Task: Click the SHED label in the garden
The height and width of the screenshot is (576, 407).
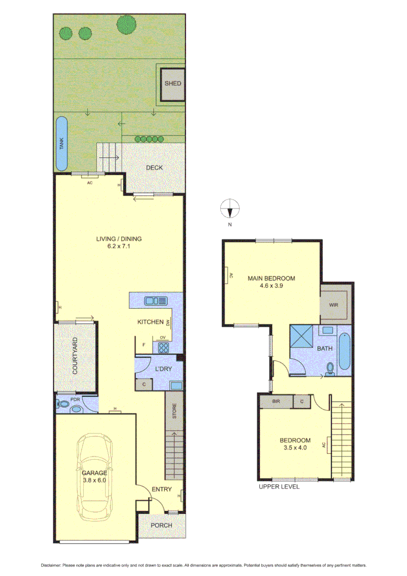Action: click(172, 84)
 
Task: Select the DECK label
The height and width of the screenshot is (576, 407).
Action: click(154, 168)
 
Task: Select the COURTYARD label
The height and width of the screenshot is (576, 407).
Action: click(75, 356)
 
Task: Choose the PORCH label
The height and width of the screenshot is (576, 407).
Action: click(162, 525)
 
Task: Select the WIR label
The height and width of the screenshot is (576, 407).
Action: click(333, 305)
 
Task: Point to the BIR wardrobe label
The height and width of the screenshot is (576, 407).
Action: click(276, 401)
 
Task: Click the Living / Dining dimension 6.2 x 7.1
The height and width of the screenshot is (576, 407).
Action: click(111, 247)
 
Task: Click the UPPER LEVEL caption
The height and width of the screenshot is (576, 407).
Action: click(279, 486)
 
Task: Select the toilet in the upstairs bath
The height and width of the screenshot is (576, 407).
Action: click(330, 369)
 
